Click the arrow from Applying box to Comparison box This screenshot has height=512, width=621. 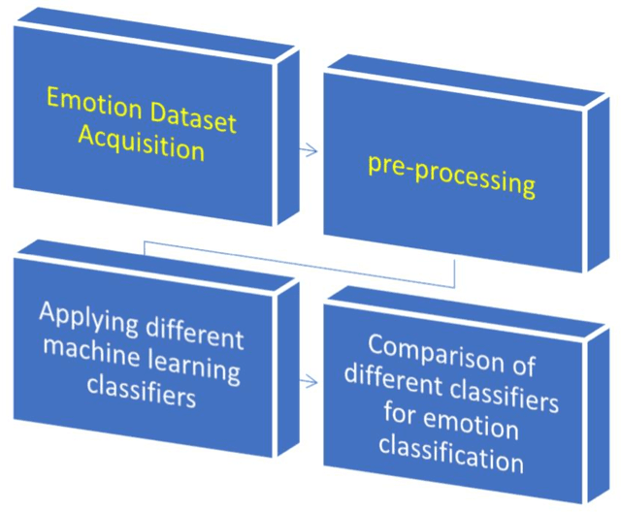pyautogui.click(x=309, y=382)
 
